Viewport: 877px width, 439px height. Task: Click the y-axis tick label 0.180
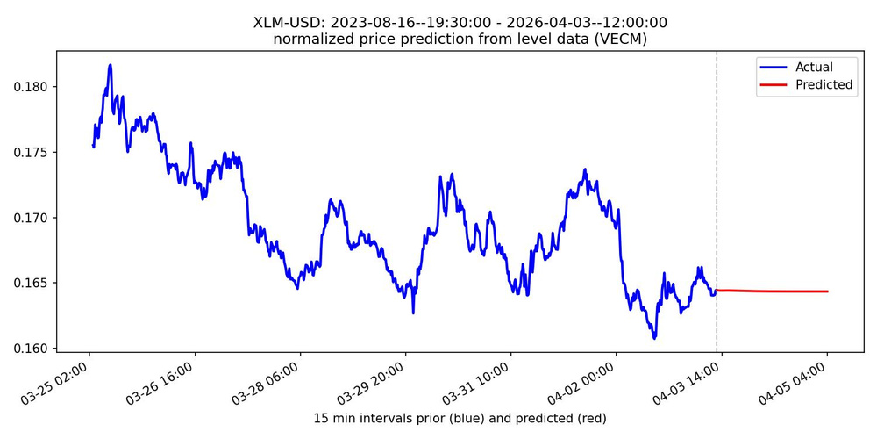32,87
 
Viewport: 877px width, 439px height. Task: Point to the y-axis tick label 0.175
32,153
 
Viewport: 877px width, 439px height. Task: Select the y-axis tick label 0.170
32,218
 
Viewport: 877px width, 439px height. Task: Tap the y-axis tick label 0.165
32,284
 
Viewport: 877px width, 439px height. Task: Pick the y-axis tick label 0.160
32,349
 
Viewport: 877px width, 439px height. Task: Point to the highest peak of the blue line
111,64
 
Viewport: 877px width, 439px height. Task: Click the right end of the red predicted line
827,291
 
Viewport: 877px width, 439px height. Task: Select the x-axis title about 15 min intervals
460,418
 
